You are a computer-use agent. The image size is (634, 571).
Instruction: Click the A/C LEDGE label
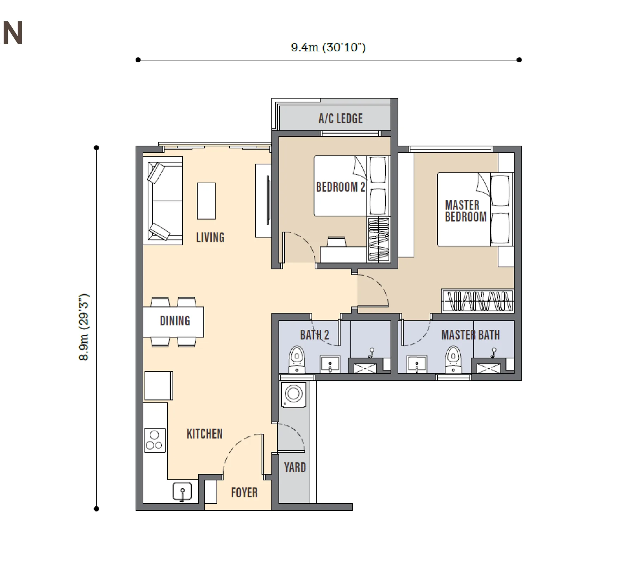click(340, 119)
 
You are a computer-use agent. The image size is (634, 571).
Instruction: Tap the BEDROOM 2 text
click(340, 187)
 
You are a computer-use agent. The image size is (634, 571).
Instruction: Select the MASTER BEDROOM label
click(466, 211)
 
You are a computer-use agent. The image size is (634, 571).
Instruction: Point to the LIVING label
click(210, 237)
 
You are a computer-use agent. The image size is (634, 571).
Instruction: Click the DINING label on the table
click(175, 321)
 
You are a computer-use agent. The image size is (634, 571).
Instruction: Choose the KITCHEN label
click(205, 434)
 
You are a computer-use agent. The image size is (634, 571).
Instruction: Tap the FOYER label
click(244, 493)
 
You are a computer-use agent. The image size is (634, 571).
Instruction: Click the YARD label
click(295, 468)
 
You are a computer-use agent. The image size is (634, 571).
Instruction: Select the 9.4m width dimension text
click(328, 47)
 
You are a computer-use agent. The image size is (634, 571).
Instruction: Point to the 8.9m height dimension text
click(85, 327)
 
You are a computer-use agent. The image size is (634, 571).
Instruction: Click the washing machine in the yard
click(293, 395)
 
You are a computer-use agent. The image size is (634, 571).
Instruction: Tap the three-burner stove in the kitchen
click(155, 440)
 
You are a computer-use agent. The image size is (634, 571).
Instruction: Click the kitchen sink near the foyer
click(182, 491)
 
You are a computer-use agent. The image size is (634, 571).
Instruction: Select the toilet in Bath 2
click(297, 359)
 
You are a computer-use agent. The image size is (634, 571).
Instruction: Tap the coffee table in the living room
click(206, 201)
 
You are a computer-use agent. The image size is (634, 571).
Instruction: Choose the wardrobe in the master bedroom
click(477, 301)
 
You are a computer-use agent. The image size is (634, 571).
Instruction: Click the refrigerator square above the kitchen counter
click(158, 386)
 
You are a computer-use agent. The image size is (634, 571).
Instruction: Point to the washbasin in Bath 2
click(330, 364)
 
